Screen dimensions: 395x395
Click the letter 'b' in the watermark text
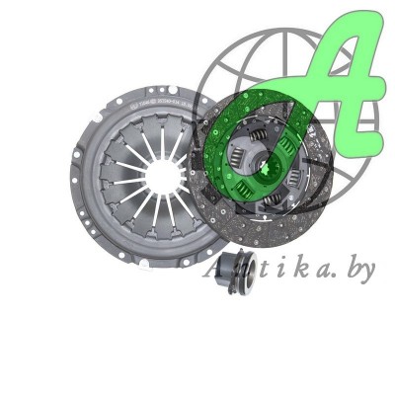[351, 268]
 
